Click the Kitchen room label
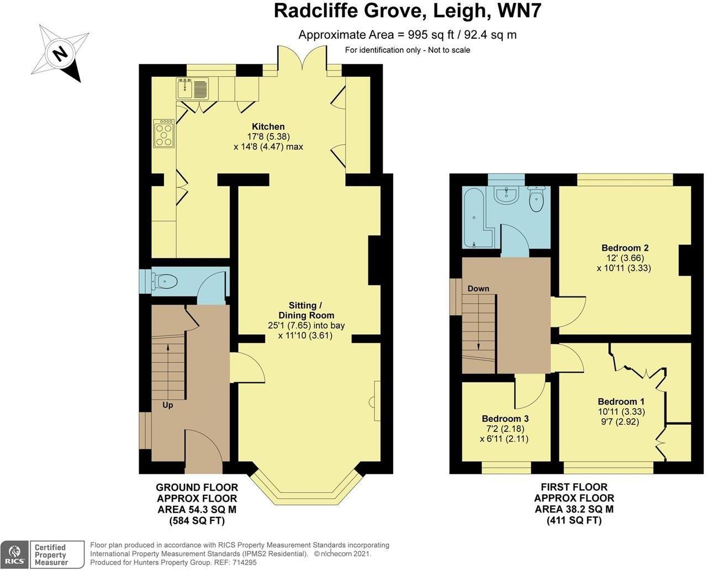click(268, 126)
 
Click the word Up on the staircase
click(168, 405)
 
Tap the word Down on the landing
click(478, 288)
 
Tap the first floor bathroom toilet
click(536, 199)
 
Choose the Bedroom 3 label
click(505, 419)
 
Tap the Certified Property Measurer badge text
click(50, 555)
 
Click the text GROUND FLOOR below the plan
click(197, 487)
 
